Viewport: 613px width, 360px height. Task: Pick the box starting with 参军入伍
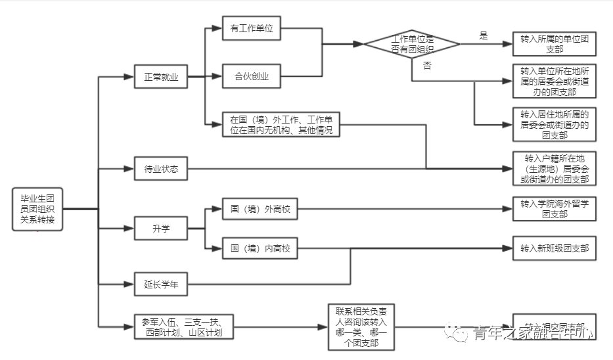(x=182, y=326)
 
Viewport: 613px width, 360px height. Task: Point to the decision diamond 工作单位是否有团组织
(x=413, y=44)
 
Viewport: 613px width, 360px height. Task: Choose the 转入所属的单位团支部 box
(x=555, y=44)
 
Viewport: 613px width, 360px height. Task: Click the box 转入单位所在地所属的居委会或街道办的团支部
(x=555, y=81)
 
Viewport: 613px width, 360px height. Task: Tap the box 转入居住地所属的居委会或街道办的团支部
(x=555, y=124)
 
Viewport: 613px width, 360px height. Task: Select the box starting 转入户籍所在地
(x=555, y=169)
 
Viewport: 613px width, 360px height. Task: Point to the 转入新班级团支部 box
(x=555, y=249)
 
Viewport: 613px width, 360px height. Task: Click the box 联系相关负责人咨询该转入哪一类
(x=361, y=326)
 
